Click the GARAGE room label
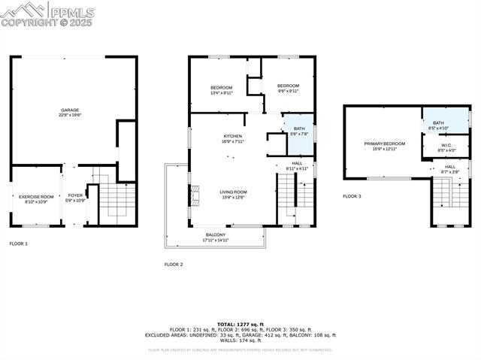click(x=70, y=110)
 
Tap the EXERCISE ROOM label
click(x=37, y=196)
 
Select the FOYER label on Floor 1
click(x=76, y=196)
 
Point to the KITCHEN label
click(x=232, y=136)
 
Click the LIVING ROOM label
click(x=234, y=192)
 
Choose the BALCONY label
click(x=216, y=234)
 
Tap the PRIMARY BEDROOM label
click(x=384, y=144)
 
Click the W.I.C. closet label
click(x=446, y=146)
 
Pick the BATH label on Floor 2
click(x=299, y=129)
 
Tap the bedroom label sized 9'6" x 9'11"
click(x=288, y=86)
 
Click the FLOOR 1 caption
click(x=19, y=244)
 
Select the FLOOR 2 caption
click(x=174, y=265)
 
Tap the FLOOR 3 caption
click(x=352, y=196)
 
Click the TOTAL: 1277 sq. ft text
click(x=240, y=324)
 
